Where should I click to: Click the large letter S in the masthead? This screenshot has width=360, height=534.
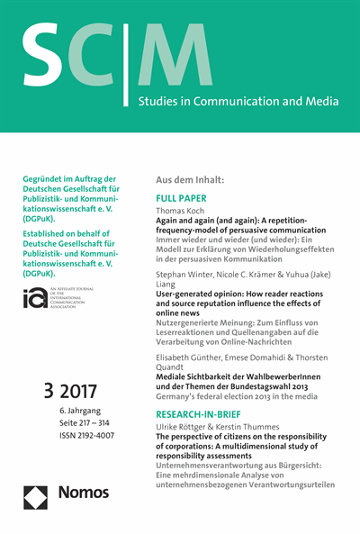pos(44,59)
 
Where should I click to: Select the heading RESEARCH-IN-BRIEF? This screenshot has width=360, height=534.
pos(202,416)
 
